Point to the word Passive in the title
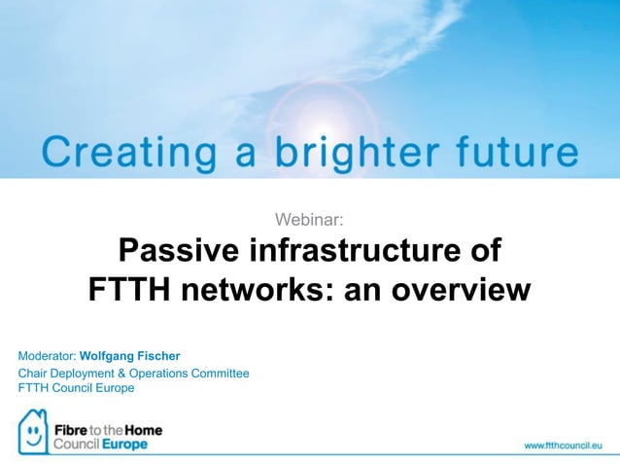pyautogui.click(x=179, y=251)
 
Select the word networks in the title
pyautogui.click(x=270, y=290)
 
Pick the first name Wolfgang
pyautogui.click(x=108, y=355)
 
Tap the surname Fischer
pyautogui.click(x=160, y=355)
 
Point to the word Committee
pyautogui.click(x=226, y=373)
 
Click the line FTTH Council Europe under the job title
pyautogui.click(x=76, y=387)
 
